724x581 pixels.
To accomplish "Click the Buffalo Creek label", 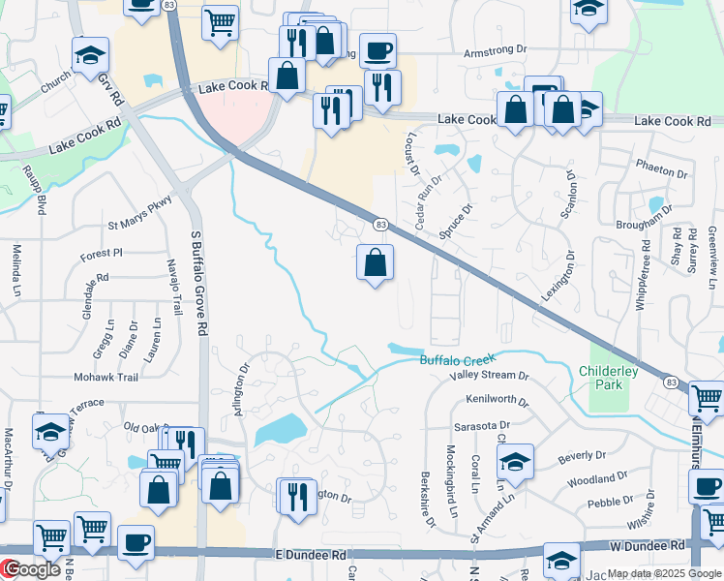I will (x=457, y=360).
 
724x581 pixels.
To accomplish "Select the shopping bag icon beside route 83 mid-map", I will (x=376, y=261).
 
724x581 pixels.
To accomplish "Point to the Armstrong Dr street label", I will (x=495, y=52).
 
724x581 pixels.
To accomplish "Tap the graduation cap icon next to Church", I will (x=90, y=54).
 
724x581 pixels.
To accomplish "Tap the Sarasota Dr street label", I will (x=481, y=426).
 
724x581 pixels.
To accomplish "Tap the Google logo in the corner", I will (x=31, y=570).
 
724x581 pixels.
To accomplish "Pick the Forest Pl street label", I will (x=102, y=253).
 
